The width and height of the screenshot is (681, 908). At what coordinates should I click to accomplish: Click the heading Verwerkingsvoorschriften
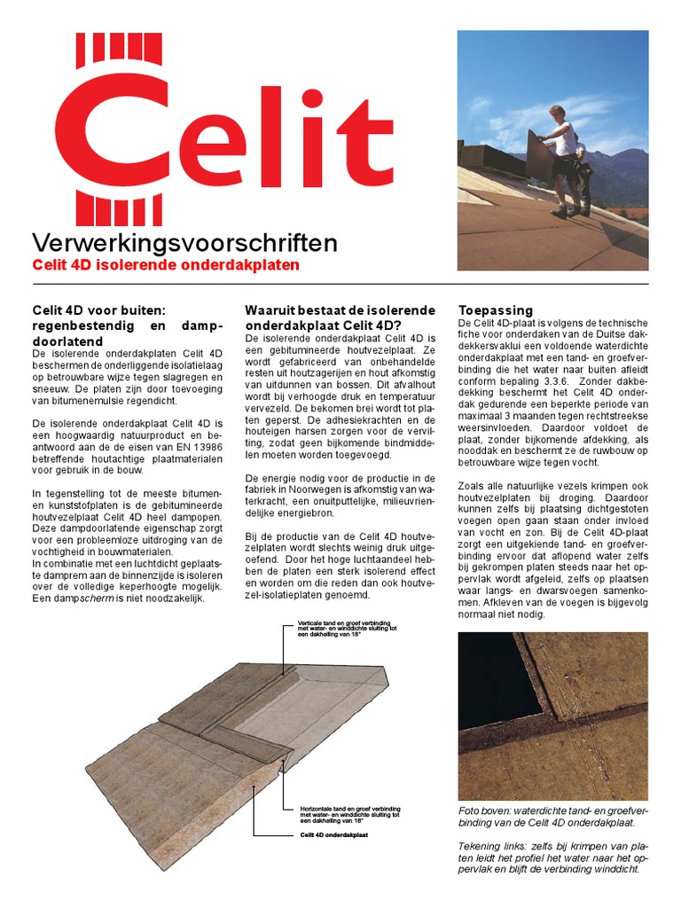point(184,242)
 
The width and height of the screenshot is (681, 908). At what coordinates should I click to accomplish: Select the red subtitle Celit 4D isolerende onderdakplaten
point(165,265)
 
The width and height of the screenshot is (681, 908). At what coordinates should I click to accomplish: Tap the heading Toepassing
point(496,310)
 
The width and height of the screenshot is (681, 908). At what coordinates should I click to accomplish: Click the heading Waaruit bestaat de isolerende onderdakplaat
point(340,317)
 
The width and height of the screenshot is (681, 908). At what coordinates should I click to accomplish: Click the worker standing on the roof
point(562,160)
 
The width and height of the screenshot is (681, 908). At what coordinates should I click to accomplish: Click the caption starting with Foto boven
point(552,817)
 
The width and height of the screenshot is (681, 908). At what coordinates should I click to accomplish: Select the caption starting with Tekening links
point(552,857)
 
